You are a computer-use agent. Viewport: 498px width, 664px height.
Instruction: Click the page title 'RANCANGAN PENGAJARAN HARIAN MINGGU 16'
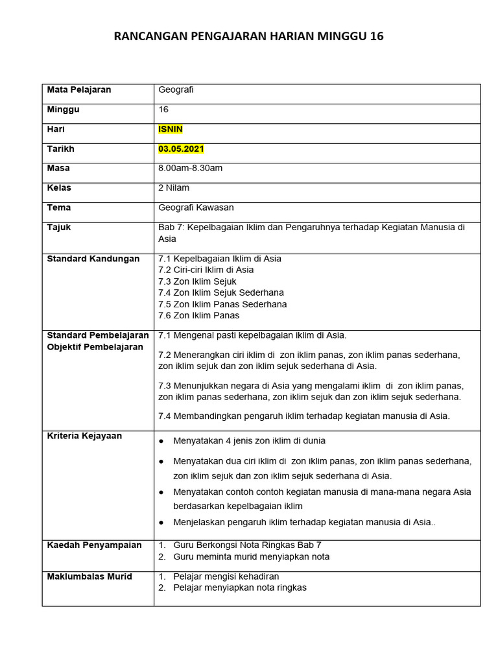(248, 36)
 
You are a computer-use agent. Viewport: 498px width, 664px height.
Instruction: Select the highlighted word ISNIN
(171, 129)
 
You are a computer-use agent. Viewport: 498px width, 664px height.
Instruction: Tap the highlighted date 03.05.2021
(181, 149)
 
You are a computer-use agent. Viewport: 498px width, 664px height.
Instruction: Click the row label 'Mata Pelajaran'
(79, 90)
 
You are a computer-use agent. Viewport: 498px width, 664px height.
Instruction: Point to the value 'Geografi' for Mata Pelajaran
(176, 90)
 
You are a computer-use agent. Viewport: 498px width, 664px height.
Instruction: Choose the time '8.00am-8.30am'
(190, 169)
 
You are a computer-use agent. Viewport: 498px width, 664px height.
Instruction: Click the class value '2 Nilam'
(174, 188)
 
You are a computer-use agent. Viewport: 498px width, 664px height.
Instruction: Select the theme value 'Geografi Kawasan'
(196, 208)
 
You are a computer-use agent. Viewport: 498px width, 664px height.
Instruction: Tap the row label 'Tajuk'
(59, 228)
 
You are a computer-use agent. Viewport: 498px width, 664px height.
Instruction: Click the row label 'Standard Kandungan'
(93, 259)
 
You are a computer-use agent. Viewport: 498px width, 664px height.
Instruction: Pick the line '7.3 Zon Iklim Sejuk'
(197, 281)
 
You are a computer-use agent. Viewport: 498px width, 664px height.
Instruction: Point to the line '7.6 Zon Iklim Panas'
(198, 316)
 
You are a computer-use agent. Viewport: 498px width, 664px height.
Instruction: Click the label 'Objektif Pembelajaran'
(95, 347)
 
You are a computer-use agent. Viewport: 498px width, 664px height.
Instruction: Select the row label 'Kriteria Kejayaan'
(84, 436)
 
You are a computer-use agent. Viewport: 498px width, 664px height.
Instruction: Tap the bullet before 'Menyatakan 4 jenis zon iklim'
(161, 441)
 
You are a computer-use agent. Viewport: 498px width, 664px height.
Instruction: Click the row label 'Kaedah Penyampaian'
(94, 545)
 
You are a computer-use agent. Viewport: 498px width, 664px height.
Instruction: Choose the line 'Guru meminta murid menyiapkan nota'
(251, 557)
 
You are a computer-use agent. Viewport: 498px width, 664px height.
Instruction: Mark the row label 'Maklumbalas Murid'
(89, 576)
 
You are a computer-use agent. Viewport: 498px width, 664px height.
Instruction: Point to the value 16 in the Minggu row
(163, 110)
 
